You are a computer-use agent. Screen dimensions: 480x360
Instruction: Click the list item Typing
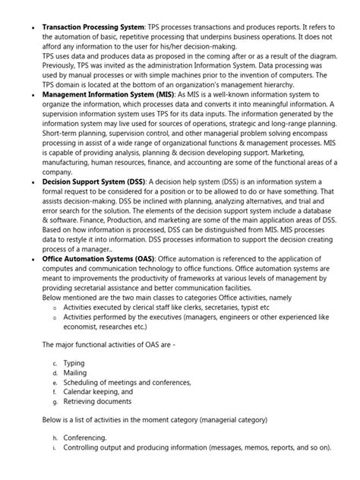tap(74, 363)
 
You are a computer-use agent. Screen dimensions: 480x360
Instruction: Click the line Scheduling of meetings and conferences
tap(127, 382)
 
